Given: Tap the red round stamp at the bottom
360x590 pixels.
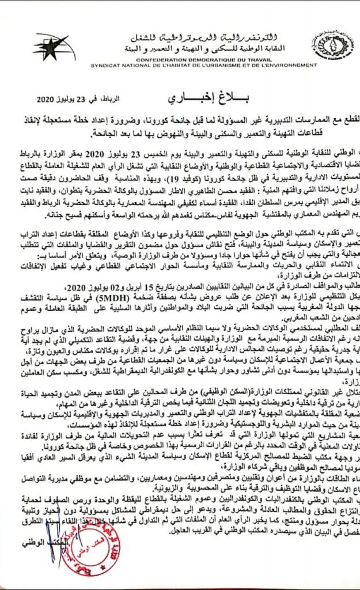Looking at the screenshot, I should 75,553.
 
